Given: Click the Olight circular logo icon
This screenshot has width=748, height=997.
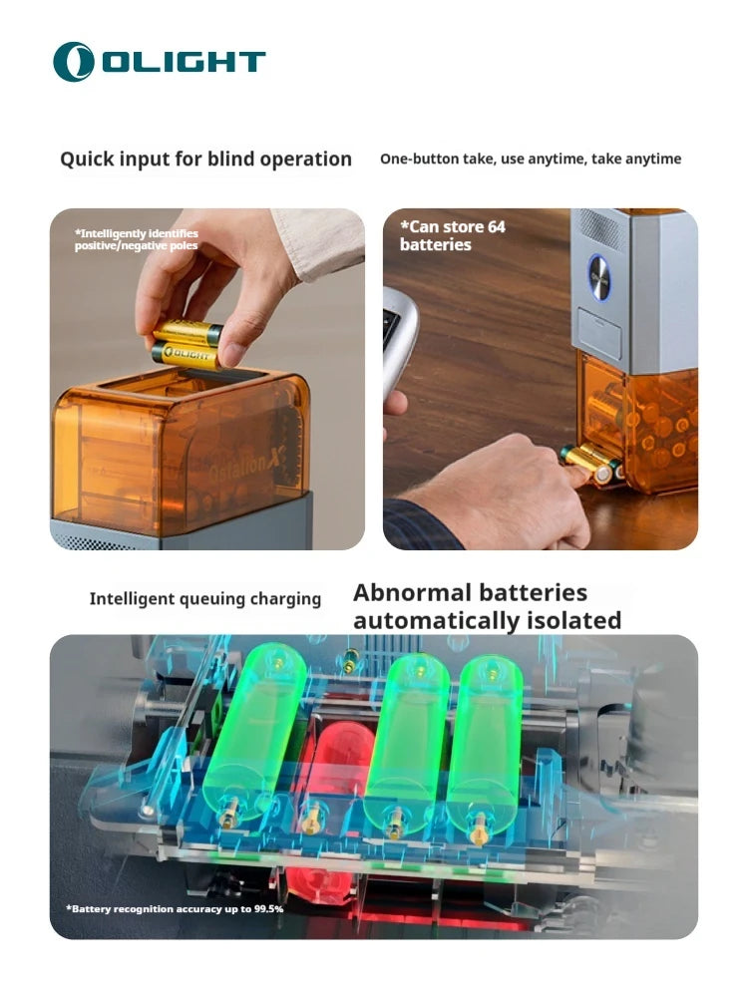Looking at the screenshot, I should coord(74,62).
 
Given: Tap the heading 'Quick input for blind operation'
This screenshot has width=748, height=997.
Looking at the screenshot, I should coord(205,159).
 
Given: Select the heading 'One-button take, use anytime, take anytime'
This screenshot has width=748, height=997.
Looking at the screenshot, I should coord(531,159).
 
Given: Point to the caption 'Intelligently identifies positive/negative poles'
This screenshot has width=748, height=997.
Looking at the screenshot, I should coord(136,239).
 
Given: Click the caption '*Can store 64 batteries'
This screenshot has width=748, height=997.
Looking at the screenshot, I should coord(453,235).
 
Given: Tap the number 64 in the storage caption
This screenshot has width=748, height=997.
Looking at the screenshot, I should coord(496,226).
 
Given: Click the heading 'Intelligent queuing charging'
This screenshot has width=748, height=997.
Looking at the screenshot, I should coord(204,599).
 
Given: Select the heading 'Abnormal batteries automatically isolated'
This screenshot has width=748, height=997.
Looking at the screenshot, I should coord(487,606).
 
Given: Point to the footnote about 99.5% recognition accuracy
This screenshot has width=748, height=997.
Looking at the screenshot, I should coord(175,908).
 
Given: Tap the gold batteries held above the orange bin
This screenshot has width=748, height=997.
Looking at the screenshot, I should coord(187,344).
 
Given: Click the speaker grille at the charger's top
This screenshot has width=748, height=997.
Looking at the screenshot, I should coord(600,228).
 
